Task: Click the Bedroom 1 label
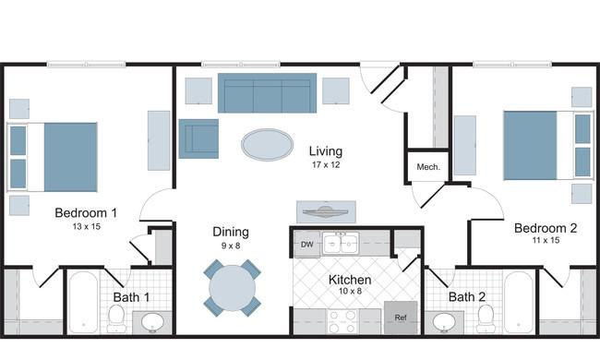tap(86, 212)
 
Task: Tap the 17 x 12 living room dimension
tap(326, 165)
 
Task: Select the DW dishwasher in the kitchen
tap(307, 244)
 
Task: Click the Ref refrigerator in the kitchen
tap(401, 318)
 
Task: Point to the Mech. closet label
tap(428, 167)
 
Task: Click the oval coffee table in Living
tap(268, 145)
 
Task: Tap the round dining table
tap(232, 288)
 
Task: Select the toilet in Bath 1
tap(115, 318)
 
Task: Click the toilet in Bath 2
tap(486, 318)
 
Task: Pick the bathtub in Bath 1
tap(83, 302)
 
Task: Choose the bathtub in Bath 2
tap(519, 302)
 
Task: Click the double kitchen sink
tap(341, 244)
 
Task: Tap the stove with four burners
tap(342, 321)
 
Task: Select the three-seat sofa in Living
tap(267, 93)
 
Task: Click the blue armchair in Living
tap(198, 138)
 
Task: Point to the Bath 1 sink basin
tap(152, 322)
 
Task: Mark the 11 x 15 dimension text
tap(546, 240)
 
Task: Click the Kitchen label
tap(350, 280)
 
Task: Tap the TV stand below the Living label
tap(327, 211)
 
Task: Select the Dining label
tap(231, 232)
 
